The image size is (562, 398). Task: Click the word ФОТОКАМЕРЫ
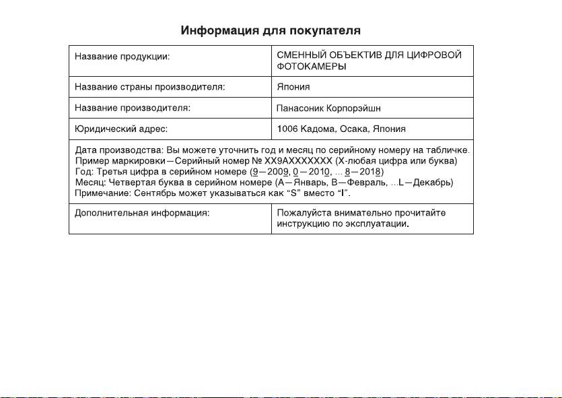[312, 67]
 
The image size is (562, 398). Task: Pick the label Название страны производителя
[149, 87]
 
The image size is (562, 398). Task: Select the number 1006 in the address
[288, 128]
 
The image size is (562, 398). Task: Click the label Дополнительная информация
[142, 213]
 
